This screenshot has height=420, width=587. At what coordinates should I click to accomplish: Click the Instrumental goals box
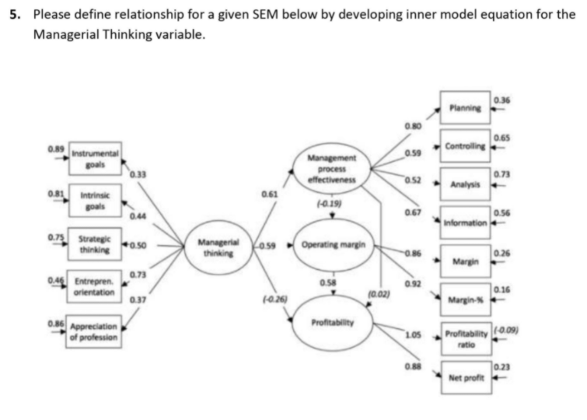pyautogui.click(x=96, y=159)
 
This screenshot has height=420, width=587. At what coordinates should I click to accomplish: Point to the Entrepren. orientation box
pyautogui.click(x=96, y=285)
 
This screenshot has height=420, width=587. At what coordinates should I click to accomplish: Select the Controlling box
pyautogui.click(x=466, y=146)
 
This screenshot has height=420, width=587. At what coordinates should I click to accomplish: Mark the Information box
pyautogui.click(x=466, y=222)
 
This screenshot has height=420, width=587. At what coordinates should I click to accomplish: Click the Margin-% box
pyautogui.click(x=466, y=299)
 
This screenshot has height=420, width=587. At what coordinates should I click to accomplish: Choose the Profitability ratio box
pyautogui.click(x=466, y=338)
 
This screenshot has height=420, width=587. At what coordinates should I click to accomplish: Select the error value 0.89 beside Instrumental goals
pyautogui.click(x=55, y=148)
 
